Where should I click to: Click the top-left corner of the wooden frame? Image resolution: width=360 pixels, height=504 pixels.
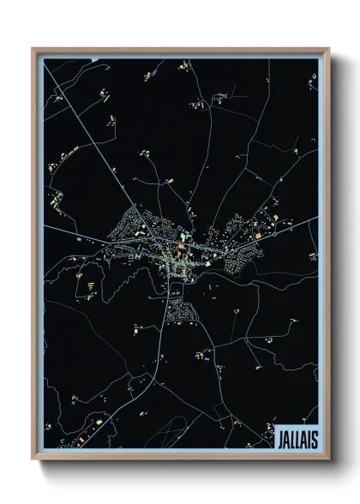tap(33, 48)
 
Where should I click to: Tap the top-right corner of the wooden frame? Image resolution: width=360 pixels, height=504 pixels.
tap(328, 48)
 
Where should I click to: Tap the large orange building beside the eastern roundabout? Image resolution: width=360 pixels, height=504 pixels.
tap(255, 233)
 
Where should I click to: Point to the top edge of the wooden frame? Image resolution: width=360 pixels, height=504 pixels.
tap(181, 49)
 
